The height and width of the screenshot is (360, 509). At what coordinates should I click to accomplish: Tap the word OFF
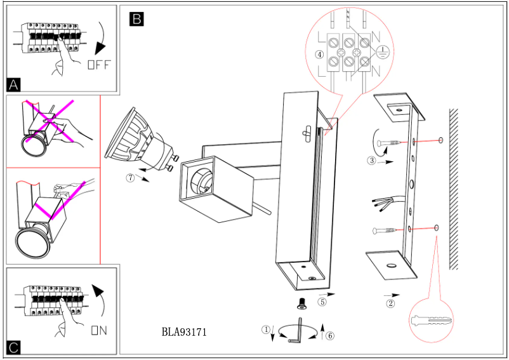coord(99,64)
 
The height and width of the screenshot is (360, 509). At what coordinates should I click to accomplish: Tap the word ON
coord(98,330)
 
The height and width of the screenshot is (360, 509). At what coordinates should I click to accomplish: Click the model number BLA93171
coord(184,331)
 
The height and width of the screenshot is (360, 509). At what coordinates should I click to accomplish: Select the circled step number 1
coord(266,329)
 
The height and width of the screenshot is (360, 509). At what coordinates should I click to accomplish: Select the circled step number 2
coord(391,303)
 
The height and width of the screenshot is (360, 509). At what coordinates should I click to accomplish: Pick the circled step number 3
coord(372,161)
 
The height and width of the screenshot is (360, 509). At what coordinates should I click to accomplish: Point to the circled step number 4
coord(320,54)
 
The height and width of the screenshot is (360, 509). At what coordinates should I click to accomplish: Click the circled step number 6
coord(329,335)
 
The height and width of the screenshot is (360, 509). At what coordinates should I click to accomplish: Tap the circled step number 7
coord(130,178)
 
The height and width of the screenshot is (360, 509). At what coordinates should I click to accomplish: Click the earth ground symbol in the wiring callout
coord(382,53)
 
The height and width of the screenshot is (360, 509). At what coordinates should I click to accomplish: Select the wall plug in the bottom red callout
coord(431,318)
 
